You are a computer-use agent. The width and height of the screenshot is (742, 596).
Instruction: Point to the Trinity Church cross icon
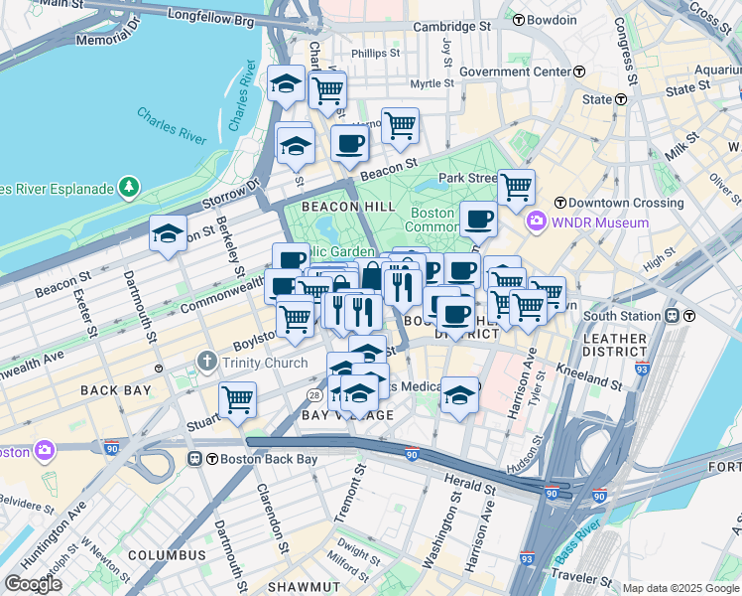[x=206, y=362]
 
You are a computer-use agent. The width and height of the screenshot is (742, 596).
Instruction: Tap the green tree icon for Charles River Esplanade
[x=127, y=187]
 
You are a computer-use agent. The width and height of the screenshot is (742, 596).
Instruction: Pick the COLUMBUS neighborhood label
[x=166, y=554]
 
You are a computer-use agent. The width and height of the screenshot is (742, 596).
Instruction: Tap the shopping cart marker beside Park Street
[x=516, y=186]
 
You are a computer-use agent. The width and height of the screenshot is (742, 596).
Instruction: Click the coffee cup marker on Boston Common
[x=478, y=218]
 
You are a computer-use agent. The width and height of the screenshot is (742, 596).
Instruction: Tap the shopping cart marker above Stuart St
[x=237, y=399]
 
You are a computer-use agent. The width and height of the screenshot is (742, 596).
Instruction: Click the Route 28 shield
[x=312, y=395]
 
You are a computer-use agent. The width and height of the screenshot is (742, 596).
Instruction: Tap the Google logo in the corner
[x=33, y=583]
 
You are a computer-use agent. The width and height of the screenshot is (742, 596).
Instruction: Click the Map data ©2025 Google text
[x=680, y=588]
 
